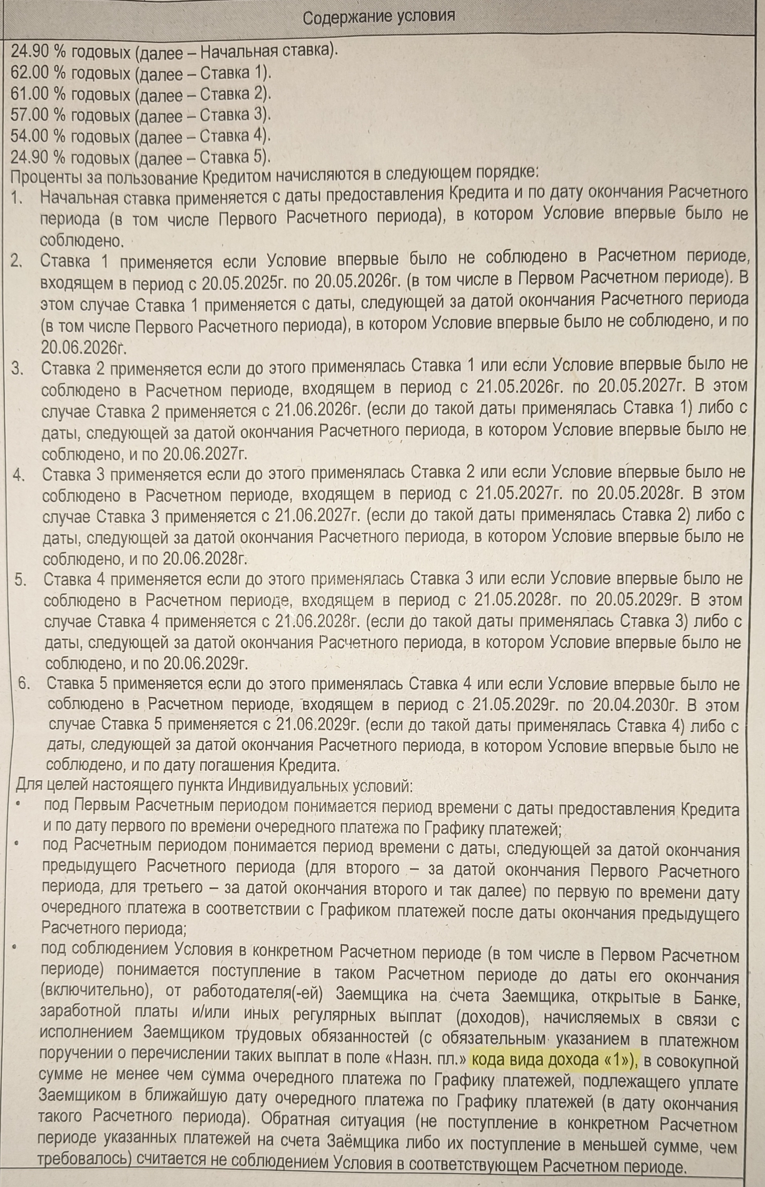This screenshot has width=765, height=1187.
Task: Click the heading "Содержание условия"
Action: coord(378,17)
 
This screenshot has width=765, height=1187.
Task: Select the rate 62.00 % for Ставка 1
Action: coord(37,73)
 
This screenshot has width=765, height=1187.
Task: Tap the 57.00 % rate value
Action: coord(37,115)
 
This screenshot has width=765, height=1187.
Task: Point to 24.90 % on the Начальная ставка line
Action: coord(38,51)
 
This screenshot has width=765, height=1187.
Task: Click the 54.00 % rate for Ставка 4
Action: coord(37,136)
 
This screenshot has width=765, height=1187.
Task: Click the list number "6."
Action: coord(24,683)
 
